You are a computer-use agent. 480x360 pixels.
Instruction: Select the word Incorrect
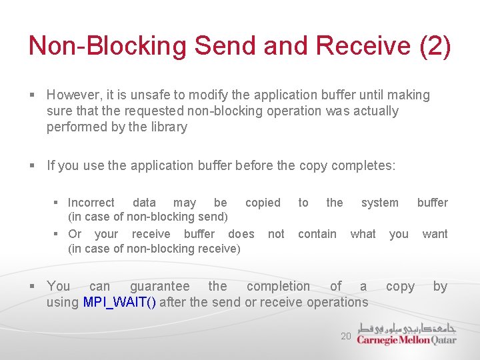coord(91,203)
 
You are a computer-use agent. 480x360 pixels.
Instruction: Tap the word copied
coord(263,203)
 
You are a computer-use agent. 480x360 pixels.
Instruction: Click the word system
coord(379,203)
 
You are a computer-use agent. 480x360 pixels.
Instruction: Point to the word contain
coord(317,234)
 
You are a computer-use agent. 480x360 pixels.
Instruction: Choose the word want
coord(435,234)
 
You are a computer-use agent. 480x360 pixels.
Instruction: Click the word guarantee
coord(159,287)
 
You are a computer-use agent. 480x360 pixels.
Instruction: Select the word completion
coord(278,287)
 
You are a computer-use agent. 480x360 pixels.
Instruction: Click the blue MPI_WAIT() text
coord(120,303)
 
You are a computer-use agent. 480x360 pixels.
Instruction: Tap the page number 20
coord(345,337)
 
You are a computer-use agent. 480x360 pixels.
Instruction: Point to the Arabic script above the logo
coord(407,328)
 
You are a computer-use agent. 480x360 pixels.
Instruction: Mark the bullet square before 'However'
coord(33,96)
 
